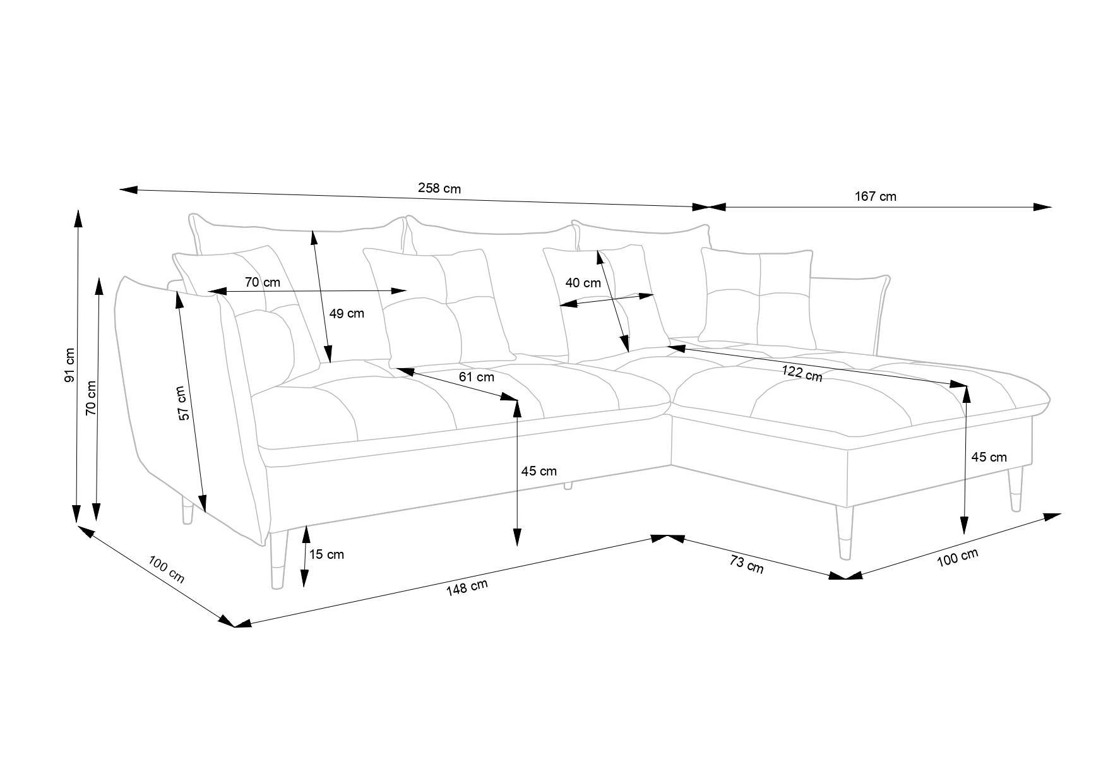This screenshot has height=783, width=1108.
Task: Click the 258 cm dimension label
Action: (439, 188)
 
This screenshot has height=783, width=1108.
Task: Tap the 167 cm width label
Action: (876, 196)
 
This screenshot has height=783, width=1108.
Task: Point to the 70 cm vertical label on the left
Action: (91, 397)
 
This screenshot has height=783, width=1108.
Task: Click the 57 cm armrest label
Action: (182, 403)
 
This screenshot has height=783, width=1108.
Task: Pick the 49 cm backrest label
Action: (347, 313)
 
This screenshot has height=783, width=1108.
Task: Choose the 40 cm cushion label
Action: (583, 282)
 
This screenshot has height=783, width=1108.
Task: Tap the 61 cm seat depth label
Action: (477, 377)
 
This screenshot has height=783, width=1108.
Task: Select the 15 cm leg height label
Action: (327, 554)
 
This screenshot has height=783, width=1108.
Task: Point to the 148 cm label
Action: (467, 588)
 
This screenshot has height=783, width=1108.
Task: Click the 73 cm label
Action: (747, 564)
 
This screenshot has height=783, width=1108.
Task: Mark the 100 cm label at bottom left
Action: (167, 569)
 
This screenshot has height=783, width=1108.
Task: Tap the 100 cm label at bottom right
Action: (957, 558)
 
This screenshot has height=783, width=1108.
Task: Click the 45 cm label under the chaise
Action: (989, 457)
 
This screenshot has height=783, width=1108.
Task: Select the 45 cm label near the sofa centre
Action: (539, 470)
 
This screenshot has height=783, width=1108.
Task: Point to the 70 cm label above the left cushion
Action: (263, 282)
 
